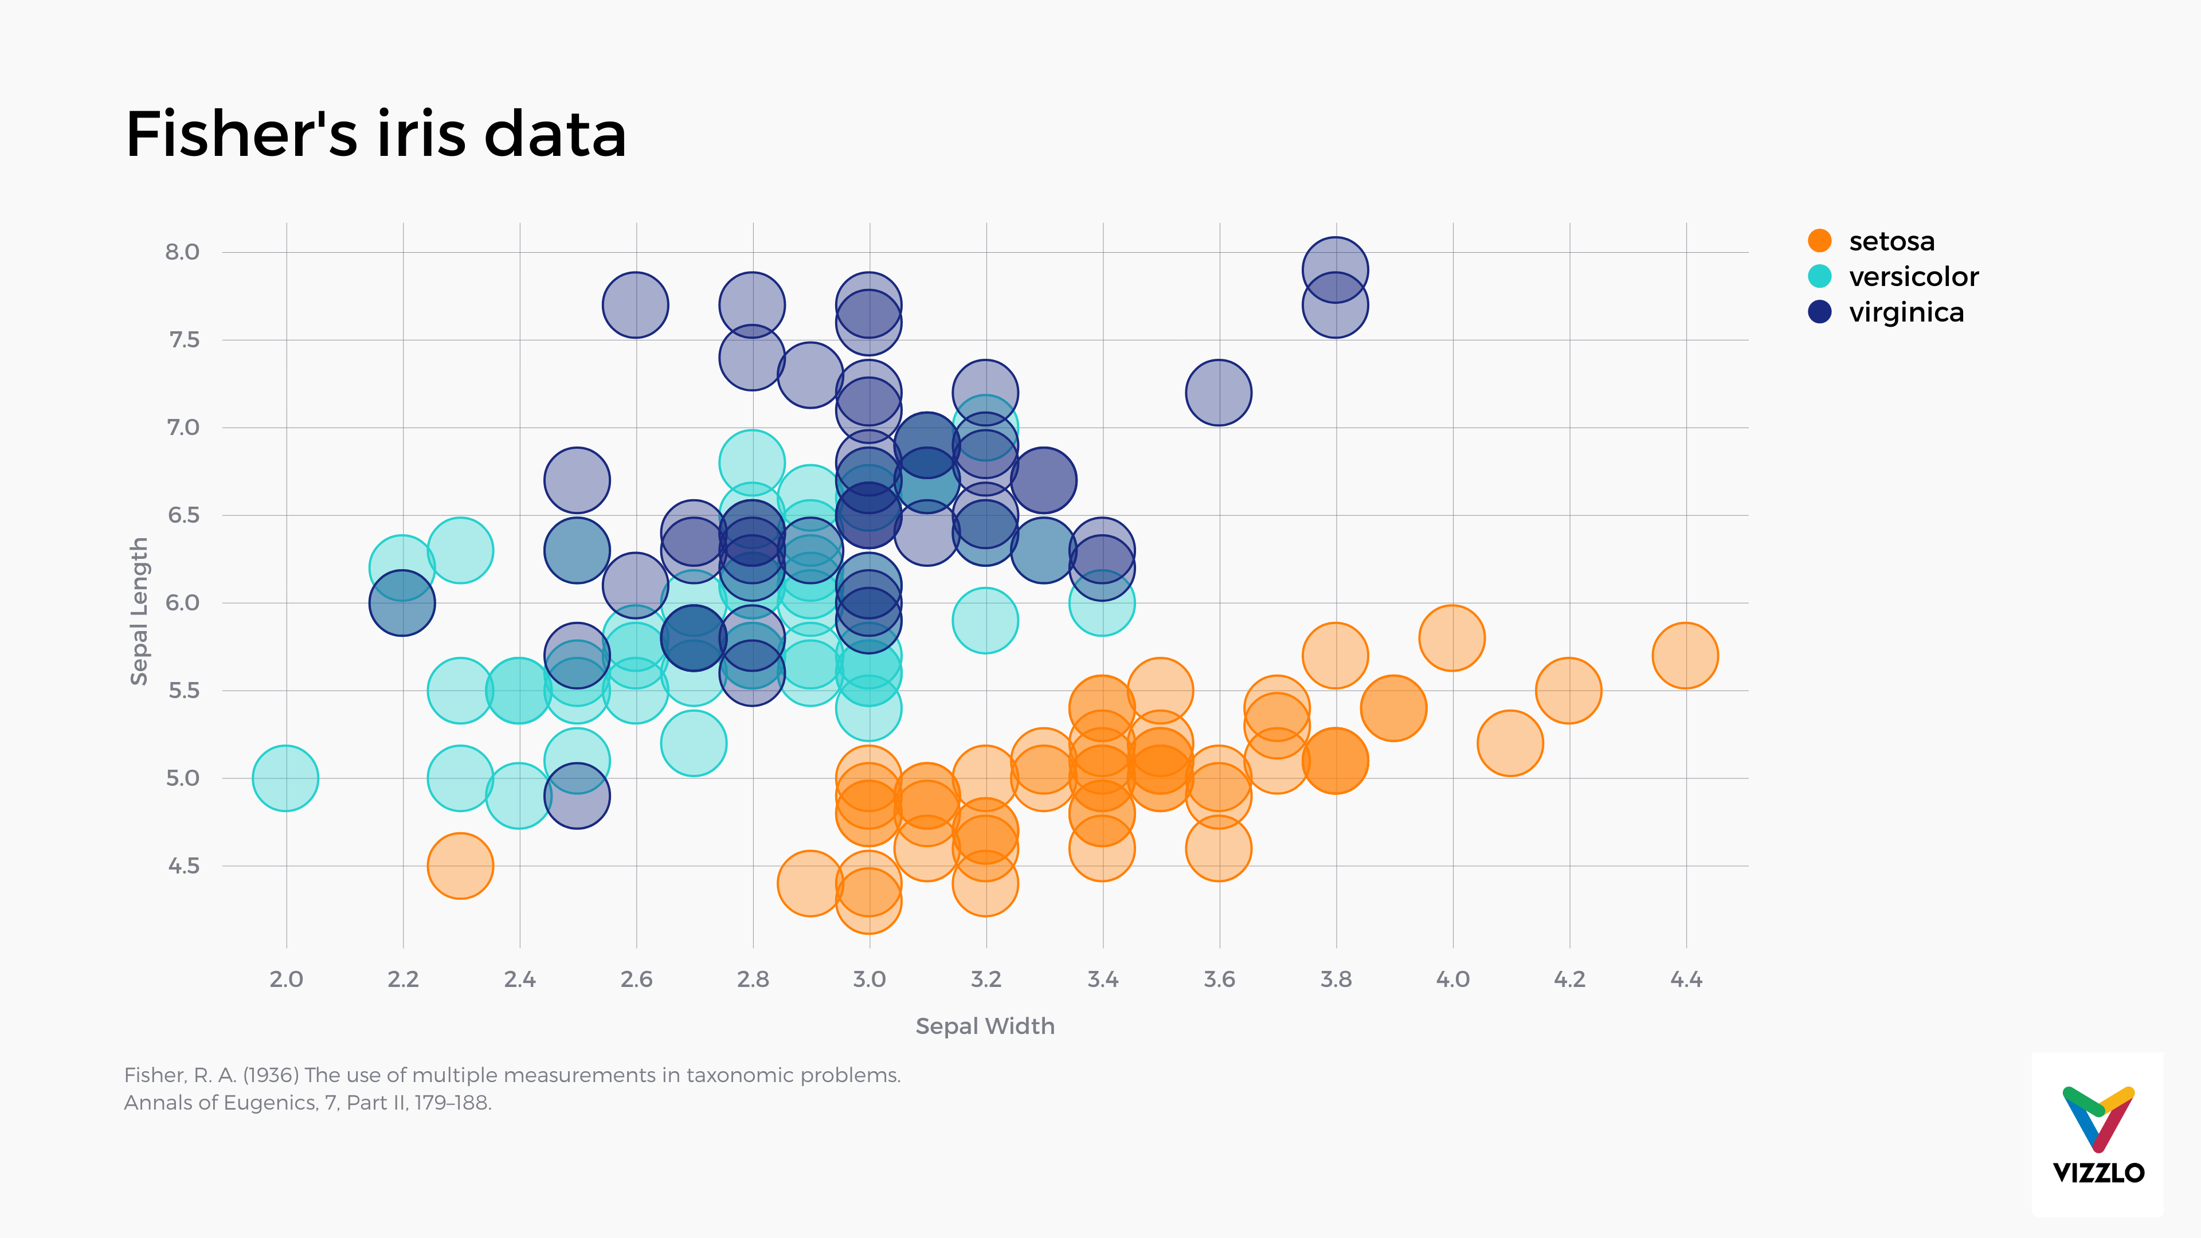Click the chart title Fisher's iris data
point(376,135)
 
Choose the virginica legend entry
point(1905,313)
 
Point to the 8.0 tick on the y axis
point(182,252)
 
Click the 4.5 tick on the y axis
point(183,865)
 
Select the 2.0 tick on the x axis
point(286,979)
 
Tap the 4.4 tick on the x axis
point(1686,979)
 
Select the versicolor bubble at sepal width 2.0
point(285,778)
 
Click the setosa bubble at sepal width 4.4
point(1685,655)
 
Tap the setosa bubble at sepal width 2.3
point(460,865)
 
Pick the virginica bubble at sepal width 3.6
point(1219,392)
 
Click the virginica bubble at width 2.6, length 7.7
point(635,305)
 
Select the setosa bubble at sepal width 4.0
point(1452,637)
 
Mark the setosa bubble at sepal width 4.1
point(1510,742)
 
